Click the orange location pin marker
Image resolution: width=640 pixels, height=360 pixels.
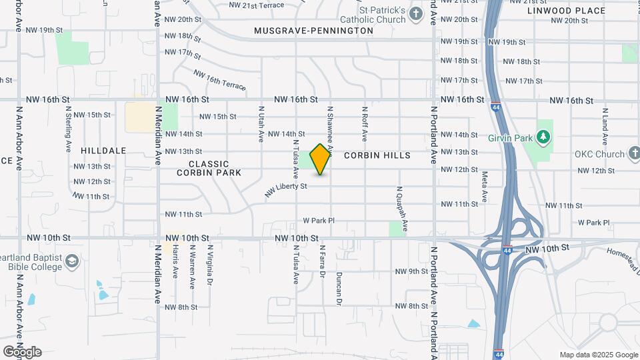tap(321, 159)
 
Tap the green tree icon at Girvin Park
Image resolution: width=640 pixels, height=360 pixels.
tap(545, 137)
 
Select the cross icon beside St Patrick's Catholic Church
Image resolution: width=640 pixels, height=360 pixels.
tap(416, 14)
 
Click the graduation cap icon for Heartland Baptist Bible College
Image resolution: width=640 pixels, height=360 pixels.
tap(72, 260)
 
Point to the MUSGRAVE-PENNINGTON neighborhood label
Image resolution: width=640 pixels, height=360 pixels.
tap(313, 31)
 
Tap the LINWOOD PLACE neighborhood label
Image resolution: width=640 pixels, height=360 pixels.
tap(566, 11)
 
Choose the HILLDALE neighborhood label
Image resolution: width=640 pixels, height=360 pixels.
tap(103, 151)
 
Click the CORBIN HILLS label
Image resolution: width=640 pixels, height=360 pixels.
tap(377, 155)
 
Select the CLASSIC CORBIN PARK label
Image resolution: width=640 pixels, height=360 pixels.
tap(209, 168)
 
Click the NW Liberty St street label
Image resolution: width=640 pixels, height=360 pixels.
tap(285, 189)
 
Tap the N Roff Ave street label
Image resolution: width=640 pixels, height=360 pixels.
tap(365, 123)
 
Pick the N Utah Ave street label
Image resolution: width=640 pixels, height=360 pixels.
tap(261, 123)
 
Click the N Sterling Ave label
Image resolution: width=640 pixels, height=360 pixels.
tap(69, 129)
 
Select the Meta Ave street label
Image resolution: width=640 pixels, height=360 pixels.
tap(484, 188)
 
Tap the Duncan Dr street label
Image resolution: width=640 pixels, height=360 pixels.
tap(339, 288)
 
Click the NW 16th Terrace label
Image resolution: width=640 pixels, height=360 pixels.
tap(219, 81)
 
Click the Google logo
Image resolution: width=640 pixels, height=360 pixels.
tap(22, 351)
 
